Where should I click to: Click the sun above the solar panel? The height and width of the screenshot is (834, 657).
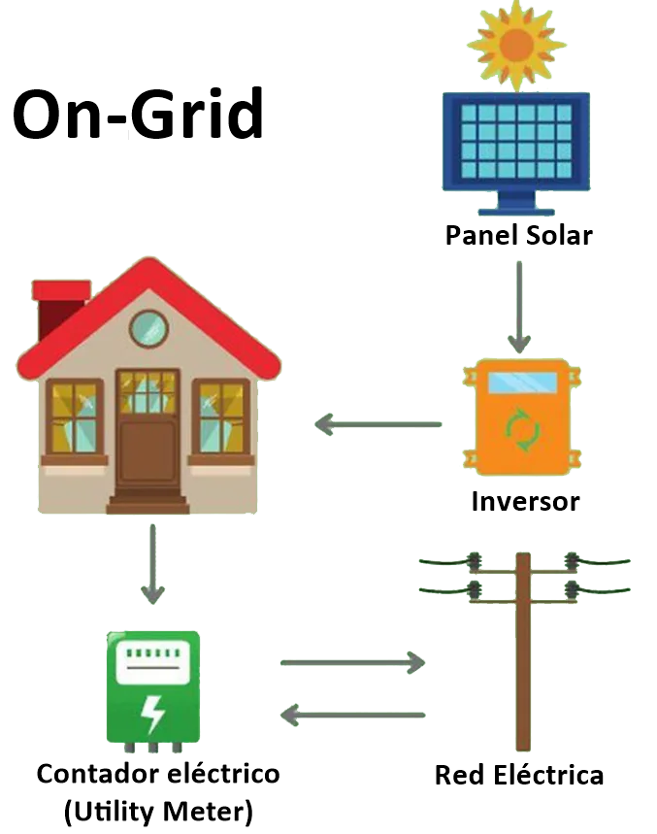pos(515,43)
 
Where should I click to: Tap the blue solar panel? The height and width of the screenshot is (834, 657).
pos(515,141)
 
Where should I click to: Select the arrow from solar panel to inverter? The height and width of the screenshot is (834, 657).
pos(519,307)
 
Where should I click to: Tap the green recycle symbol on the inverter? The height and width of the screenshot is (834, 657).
pos(522,430)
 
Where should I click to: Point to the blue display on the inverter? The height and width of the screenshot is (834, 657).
pos(522,383)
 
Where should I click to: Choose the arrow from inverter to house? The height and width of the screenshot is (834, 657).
pos(378,424)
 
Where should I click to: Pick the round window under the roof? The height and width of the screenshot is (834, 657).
pos(148,328)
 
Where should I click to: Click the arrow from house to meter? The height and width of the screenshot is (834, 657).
pos(151,563)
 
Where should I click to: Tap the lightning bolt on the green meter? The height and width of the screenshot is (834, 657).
pos(152,714)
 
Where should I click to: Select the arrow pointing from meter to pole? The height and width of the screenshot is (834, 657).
pos(352,663)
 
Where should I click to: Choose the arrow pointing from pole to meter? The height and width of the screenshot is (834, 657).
pos(352,716)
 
